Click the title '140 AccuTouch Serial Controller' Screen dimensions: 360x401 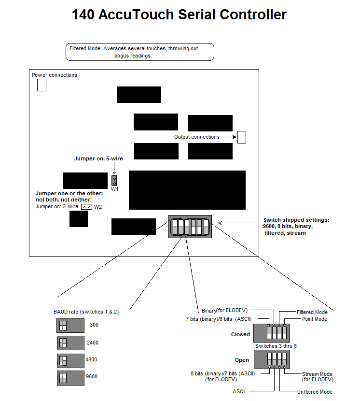[179, 14]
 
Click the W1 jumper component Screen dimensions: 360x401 [114, 181]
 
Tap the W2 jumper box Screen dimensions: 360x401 [86, 207]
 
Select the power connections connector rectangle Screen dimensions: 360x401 [42, 85]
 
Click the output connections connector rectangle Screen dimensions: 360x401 [242, 137]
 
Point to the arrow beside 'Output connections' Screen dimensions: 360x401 [231, 137]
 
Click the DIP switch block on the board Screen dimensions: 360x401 [190, 227]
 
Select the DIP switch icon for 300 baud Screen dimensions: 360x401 [70, 325]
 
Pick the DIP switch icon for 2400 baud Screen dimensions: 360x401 [70, 343]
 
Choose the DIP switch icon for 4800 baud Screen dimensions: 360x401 [70, 360]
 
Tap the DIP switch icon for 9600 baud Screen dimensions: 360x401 [70, 378]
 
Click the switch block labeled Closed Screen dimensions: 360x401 [272, 333]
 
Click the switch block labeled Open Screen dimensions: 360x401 [272, 359]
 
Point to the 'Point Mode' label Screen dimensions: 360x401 [315, 319]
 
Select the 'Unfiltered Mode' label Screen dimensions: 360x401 [315, 392]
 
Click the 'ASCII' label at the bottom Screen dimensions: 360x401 [239, 391]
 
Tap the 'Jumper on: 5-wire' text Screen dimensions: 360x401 [98, 158]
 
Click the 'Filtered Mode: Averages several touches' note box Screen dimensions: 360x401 [140, 52]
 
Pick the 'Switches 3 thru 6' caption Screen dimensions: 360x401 [276, 346]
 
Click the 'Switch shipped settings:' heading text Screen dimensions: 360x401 [296, 220]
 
